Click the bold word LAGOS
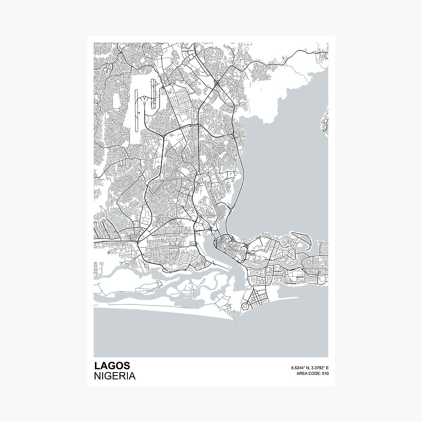[x=112, y=365]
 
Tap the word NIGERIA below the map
[x=115, y=376]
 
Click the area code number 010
[x=325, y=373]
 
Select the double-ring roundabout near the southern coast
[x=245, y=306]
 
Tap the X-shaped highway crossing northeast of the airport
[x=216, y=84]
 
